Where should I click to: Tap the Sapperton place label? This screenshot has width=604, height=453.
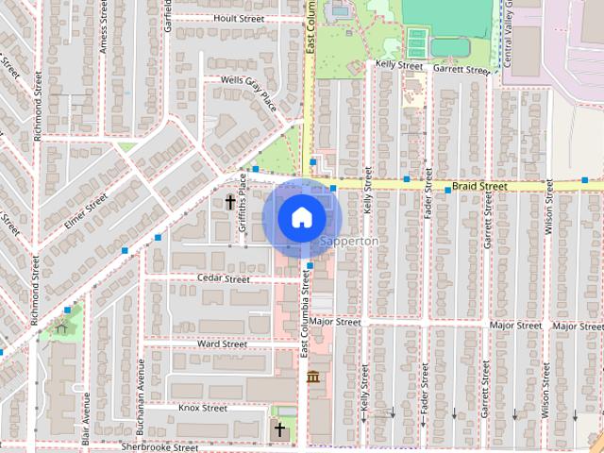[x=349, y=242]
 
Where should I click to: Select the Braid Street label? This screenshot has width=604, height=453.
[x=478, y=187]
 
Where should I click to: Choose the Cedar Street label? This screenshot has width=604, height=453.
[x=224, y=279]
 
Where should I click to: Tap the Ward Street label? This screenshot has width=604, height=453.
[x=222, y=344]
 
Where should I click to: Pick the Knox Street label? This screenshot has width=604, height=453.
[x=203, y=409]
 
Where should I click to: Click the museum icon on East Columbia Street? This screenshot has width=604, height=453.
[x=312, y=377]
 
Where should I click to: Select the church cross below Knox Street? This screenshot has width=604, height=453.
[x=278, y=429]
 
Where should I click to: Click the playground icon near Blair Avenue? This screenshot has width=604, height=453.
[x=61, y=327]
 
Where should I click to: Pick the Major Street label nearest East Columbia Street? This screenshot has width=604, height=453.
[x=335, y=322]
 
